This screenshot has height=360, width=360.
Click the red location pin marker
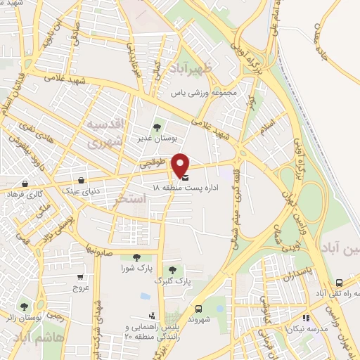point(181,165)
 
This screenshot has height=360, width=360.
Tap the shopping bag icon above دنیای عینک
point(84,180)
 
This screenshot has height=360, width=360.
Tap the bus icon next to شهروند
point(198,307)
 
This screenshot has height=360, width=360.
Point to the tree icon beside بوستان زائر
point(25,306)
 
